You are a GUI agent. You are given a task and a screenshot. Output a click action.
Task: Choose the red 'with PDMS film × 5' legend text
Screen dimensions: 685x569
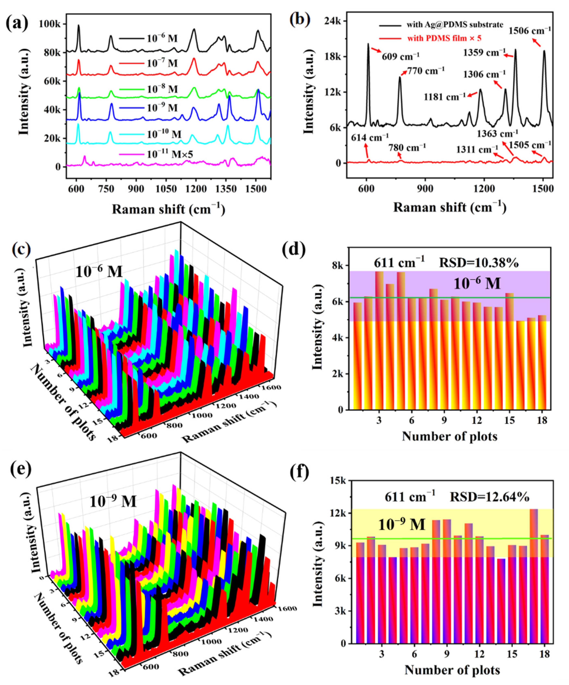(x=444, y=38)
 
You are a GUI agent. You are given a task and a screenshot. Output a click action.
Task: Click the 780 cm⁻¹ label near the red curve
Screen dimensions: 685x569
(x=407, y=147)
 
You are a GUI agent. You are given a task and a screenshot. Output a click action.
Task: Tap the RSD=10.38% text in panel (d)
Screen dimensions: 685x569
(x=479, y=263)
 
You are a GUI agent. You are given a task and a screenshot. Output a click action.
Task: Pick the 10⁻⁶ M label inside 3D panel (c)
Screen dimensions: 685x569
(x=99, y=271)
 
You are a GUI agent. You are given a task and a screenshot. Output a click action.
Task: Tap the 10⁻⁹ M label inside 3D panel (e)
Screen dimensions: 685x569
(x=113, y=501)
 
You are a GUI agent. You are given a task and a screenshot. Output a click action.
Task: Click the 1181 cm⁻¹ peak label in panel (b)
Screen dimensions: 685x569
(x=444, y=97)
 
